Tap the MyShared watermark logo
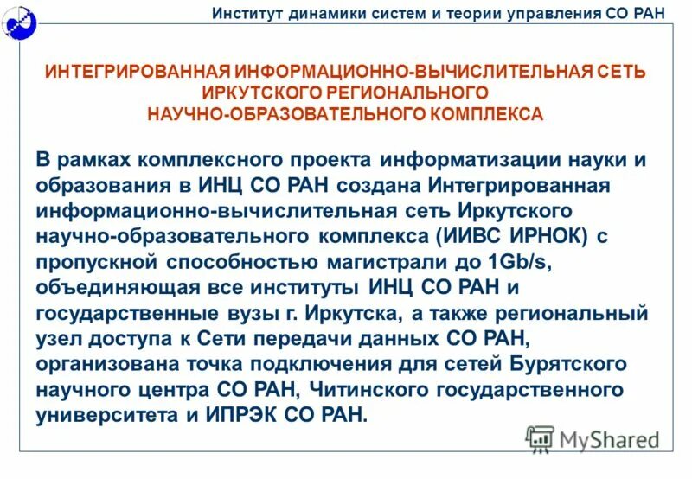593,439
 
